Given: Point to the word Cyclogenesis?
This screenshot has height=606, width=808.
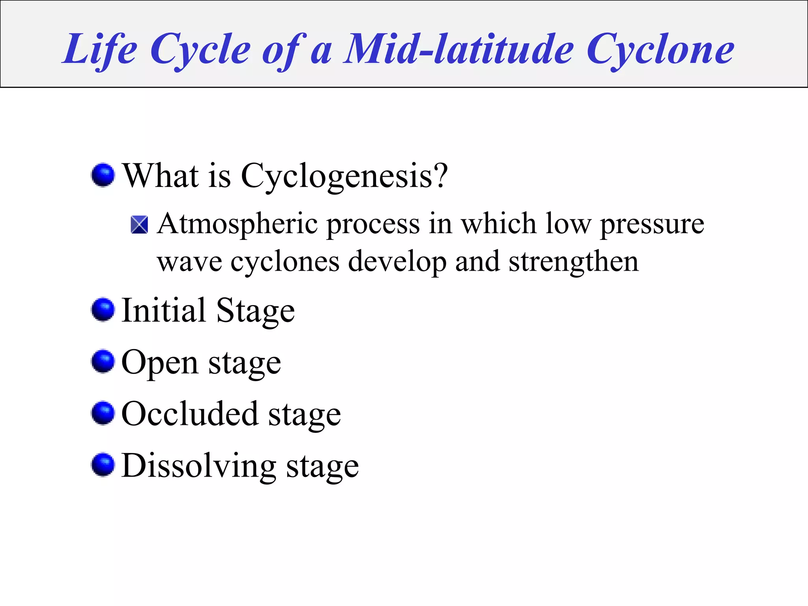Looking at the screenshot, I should coord(344,176).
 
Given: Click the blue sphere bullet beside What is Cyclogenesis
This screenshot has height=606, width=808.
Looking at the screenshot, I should coord(103,175).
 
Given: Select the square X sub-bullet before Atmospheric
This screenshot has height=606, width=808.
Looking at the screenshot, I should coord(139,225).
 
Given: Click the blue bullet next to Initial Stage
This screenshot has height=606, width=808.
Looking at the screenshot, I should coord(103,310).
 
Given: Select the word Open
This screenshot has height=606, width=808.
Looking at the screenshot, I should coord(160,363).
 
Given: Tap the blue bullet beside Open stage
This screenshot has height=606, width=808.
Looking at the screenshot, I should coord(103,361).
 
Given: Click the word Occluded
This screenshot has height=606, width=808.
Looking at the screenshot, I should coord(190,414).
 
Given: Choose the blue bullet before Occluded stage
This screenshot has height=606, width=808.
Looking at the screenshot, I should coord(103,413).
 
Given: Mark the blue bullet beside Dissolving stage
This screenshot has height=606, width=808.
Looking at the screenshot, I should coord(103,465).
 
